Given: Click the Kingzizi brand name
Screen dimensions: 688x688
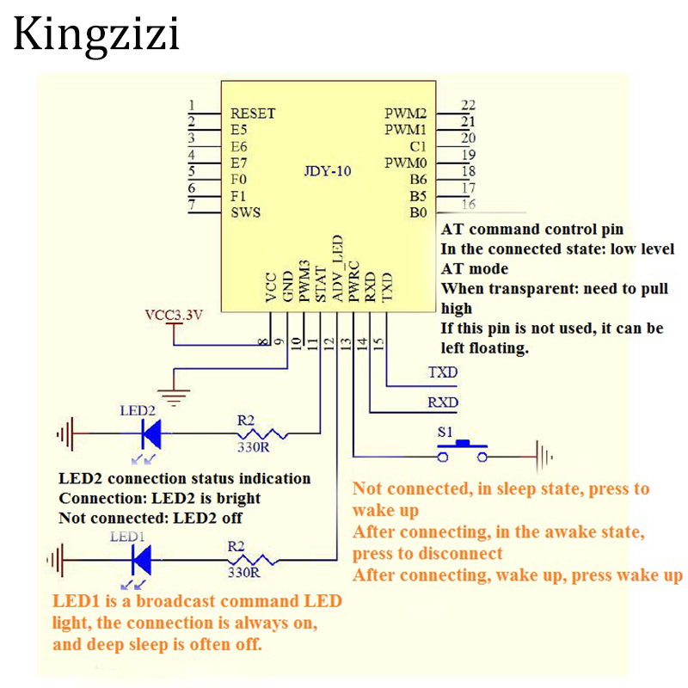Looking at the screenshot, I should pos(96,36).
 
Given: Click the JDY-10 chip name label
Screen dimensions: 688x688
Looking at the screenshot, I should pos(329,171).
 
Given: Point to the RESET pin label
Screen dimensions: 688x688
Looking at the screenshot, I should pos(253,114).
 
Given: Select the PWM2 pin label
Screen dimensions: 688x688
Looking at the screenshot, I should pos(406,114).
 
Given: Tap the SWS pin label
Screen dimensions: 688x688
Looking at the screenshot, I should pos(245,212).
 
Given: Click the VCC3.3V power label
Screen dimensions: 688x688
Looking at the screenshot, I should pos(174,315).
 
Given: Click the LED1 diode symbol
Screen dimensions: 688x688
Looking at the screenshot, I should pos(141,559).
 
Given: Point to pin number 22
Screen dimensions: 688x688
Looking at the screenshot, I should pos(468,106).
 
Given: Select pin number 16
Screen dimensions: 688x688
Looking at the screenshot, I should pos(468,205).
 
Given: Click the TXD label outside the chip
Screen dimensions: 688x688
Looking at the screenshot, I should pos(442,373).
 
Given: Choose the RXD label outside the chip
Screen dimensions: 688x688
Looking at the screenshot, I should pos(442,402).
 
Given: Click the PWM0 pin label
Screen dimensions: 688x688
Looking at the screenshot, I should pos(406,163).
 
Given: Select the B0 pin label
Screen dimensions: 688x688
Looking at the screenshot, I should pos(418,212).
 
